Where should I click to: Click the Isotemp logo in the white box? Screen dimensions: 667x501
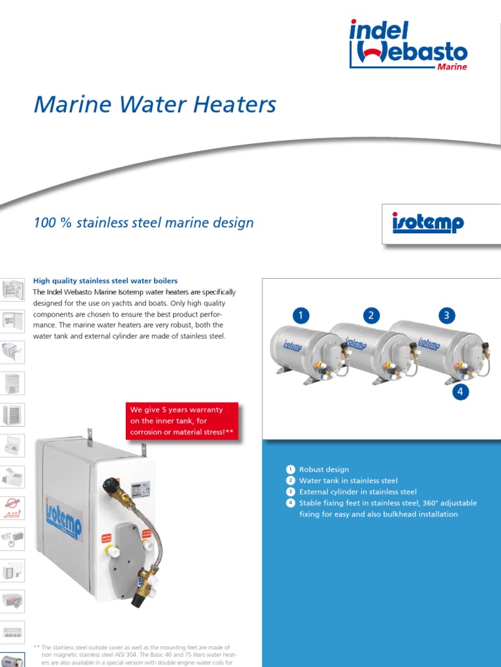point(427,223)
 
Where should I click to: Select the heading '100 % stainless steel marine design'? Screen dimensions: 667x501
point(144,223)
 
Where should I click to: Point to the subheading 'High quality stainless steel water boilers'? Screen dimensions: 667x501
point(105,281)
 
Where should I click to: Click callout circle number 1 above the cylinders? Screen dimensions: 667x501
point(301,316)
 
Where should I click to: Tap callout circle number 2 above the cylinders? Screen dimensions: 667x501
point(371,316)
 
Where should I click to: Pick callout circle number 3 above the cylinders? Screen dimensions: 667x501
point(446,316)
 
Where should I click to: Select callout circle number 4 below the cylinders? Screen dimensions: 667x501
point(461,391)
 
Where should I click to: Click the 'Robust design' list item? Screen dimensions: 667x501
point(324,469)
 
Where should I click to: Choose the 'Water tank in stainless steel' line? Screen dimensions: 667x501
point(348,481)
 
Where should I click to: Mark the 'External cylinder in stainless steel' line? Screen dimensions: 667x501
point(357,492)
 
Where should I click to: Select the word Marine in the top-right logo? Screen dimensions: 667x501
point(452,67)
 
